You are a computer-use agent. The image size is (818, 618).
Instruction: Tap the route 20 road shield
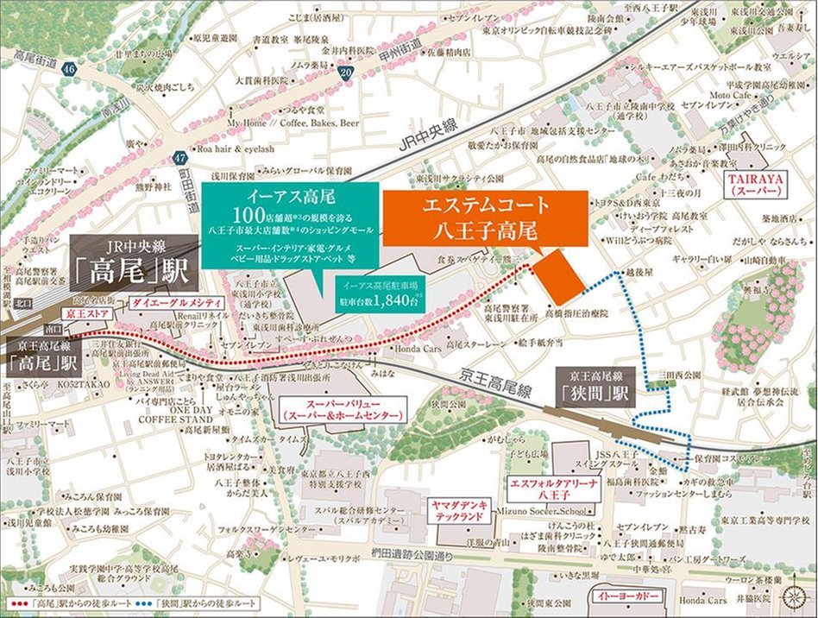346,75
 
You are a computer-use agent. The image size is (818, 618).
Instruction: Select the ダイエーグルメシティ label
177,304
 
